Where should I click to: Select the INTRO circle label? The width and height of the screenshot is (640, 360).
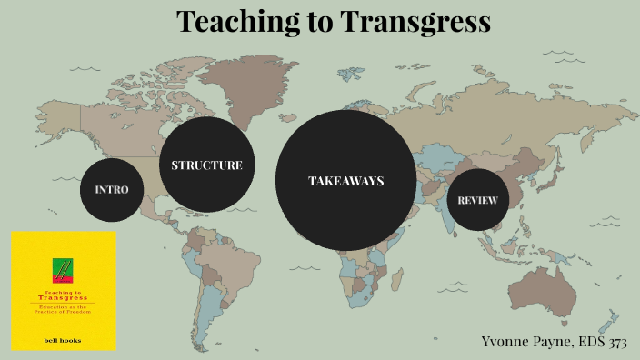(112, 189)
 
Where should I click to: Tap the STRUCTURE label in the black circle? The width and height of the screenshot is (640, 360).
(206, 165)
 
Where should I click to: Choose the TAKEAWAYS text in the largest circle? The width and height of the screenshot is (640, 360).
(345, 181)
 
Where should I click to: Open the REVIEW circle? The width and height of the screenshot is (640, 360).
(477, 200)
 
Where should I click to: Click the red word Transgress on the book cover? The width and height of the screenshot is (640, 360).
(64, 297)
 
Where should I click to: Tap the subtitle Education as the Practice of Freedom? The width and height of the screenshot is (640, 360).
(64, 312)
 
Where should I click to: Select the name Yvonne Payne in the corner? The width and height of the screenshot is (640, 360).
(525, 341)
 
